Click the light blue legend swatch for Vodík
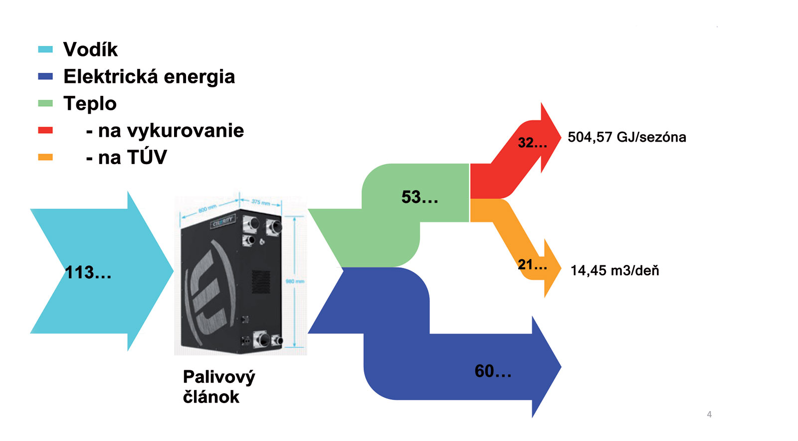tap(45, 49)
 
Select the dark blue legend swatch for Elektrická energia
tap(45, 76)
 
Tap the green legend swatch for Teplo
tap(45, 103)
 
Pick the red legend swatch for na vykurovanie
tap(45, 130)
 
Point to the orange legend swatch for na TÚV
tap(45, 157)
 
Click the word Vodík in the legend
tap(90, 49)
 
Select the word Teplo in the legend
tap(90, 104)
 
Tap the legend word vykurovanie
tap(171, 131)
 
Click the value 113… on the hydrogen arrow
tap(88, 272)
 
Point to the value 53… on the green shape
tap(420, 197)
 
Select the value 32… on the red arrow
tap(532, 143)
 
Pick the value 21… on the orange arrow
tap(532, 264)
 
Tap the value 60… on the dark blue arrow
tap(493, 371)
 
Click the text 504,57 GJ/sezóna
tap(627, 137)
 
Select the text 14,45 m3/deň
tap(614, 270)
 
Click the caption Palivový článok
tap(218, 387)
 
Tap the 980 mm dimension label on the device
tap(295, 281)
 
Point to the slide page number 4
tap(709, 414)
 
